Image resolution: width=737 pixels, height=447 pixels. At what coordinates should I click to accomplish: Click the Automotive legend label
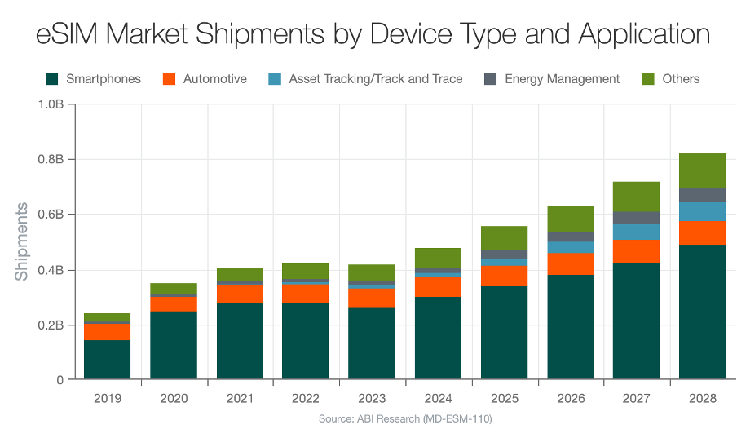point(214,79)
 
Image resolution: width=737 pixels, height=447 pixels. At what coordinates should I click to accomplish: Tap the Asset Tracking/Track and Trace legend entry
point(375,79)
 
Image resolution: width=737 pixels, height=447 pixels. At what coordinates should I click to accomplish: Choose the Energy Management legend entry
point(562,79)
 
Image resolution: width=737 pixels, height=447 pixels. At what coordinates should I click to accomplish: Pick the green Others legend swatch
point(648,79)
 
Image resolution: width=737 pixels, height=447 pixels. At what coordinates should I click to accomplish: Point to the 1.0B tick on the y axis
point(51,104)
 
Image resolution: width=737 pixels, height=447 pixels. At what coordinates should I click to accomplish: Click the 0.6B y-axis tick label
point(51,215)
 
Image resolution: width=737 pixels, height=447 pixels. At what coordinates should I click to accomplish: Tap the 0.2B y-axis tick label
point(51,325)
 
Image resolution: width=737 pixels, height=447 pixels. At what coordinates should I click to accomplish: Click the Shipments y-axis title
point(21,241)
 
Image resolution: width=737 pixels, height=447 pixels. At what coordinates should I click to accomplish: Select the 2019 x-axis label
point(108,398)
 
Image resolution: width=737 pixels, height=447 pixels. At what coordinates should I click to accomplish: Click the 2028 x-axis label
point(702,398)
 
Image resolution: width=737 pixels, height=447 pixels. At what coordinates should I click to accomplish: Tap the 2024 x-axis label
point(438,398)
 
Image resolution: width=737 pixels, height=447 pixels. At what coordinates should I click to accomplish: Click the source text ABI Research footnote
point(404,419)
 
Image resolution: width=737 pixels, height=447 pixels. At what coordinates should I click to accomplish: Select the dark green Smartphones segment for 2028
point(702,312)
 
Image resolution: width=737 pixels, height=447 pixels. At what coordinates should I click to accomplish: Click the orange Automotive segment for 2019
point(108,332)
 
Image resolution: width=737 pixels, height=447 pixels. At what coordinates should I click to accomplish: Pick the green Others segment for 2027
point(636,197)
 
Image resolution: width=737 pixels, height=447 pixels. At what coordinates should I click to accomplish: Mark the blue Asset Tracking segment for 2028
point(702,212)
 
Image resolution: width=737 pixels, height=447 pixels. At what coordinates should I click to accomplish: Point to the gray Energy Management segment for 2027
point(636,218)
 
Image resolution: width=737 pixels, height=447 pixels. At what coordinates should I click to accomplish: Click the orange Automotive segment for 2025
point(504,276)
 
